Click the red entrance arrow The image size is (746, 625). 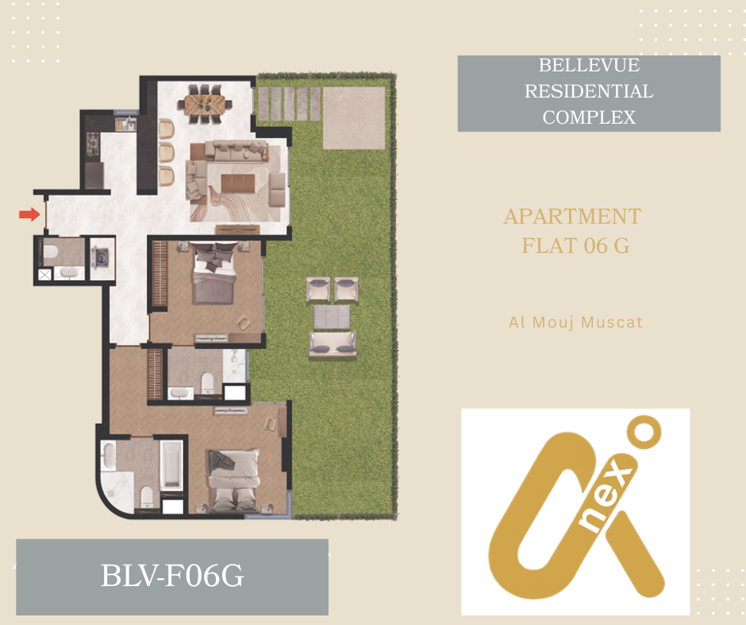(29, 214)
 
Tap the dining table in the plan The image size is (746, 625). (205, 104)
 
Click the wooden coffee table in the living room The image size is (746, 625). (238, 183)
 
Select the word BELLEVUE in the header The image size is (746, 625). (589, 65)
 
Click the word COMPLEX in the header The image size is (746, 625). (589, 117)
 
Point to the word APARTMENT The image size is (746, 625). (573, 217)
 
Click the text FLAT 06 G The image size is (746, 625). (575, 246)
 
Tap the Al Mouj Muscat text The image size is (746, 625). (575, 323)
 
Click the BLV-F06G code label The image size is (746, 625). (172, 576)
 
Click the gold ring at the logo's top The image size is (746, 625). (644, 432)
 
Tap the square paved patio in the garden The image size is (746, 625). (354, 118)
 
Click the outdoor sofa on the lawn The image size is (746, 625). (333, 343)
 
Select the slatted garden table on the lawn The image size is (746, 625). (332, 316)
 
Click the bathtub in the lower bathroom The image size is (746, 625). (171, 466)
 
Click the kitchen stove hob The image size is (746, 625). (93, 144)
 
